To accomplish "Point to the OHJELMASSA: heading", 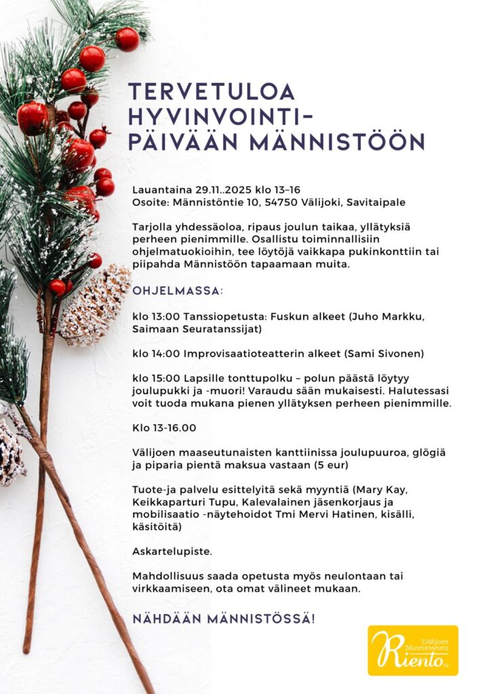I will (x=177, y=291).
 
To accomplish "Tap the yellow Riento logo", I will (x=412, y=651).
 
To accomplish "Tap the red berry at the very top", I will (x=127, y=39).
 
